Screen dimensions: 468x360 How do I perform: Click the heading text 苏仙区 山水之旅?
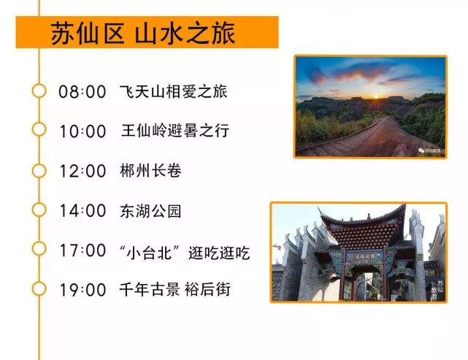[x=143, y=33]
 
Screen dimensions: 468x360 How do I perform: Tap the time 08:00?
[x=83, y=91]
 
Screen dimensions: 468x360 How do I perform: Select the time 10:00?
[x=83, y=131]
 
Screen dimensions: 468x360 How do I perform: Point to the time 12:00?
[x=83, y=171]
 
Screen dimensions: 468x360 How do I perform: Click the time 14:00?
[x=83, y=211]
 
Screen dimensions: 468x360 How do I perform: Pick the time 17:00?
[x=83, y=250]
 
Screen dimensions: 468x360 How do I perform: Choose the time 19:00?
[x=83, y=290]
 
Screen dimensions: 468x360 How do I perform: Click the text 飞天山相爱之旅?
[x=174, y=91]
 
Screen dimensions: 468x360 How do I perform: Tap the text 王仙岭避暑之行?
[x=175, y=131]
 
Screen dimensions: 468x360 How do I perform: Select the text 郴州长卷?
[x=150, y=171]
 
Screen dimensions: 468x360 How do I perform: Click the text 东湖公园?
[x=150, y=211]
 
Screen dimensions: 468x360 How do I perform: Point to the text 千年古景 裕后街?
[x=175, y=290]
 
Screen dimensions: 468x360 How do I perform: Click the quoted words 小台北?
[x=149, y=253]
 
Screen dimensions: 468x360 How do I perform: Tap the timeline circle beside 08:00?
[x=39, y=91]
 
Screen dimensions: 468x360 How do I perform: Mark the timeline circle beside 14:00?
[x=39, y=210]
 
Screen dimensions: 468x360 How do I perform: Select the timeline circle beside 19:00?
[x=39, y=288]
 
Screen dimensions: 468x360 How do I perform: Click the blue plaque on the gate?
[x=364, y=256]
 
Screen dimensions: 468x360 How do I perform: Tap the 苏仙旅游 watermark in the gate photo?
[x=440, y=290]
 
